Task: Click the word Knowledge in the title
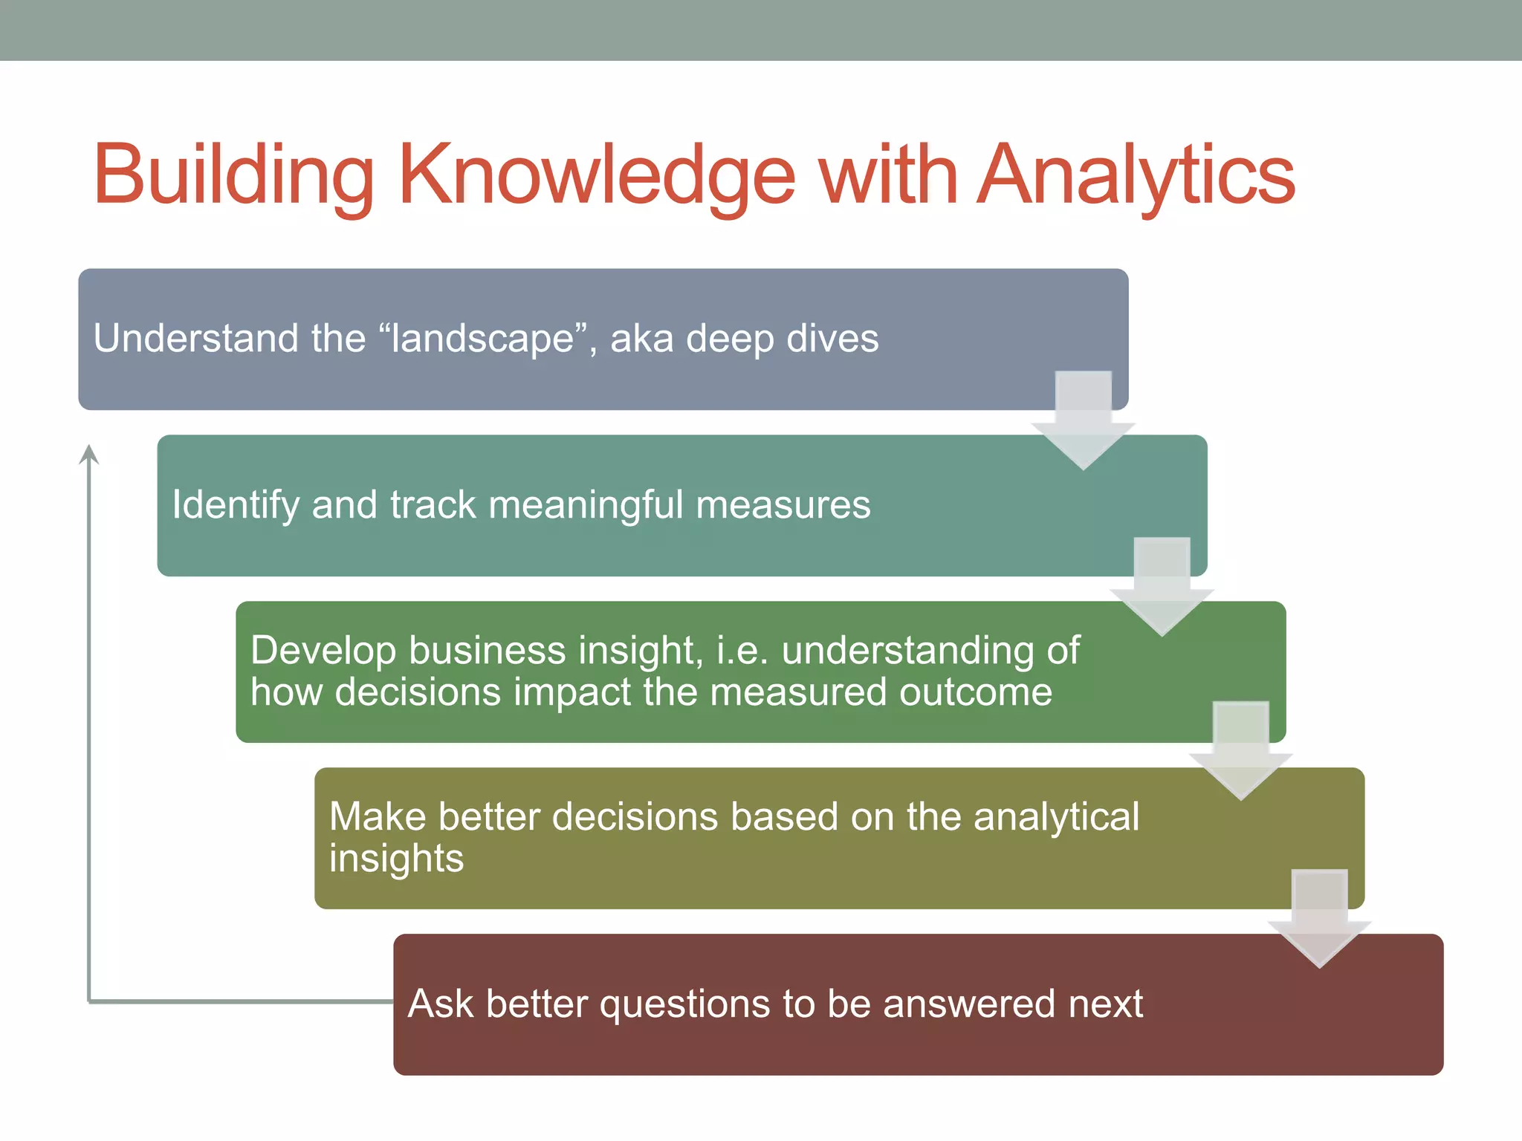(597, 175)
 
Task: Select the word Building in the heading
(233, 175)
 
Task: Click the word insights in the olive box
(396, 859)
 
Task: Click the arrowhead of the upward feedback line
(89, 454)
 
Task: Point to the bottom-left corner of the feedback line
(89, 1001)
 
